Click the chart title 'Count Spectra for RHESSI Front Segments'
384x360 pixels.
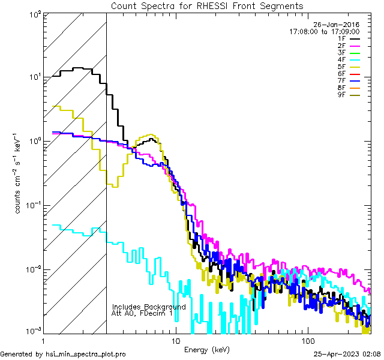click(207, 5)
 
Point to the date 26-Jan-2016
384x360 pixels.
click(337, 25)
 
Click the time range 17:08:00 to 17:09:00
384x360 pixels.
click(324, 31)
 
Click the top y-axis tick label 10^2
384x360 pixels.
click(34, 13)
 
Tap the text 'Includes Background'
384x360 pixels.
click(149, 307)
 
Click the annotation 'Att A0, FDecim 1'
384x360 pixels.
click(142, 313)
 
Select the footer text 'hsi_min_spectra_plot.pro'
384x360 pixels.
click(86, 355)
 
